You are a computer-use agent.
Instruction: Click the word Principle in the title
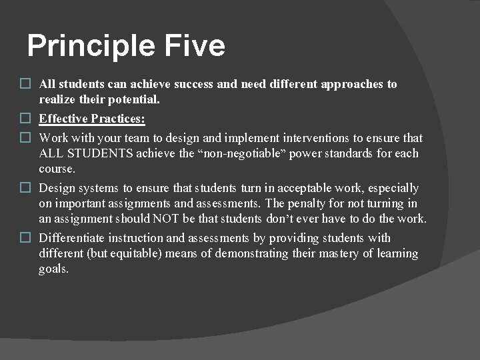pos(91,47)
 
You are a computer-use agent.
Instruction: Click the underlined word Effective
pos(64,119)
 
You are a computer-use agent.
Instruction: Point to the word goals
pos(54,269)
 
